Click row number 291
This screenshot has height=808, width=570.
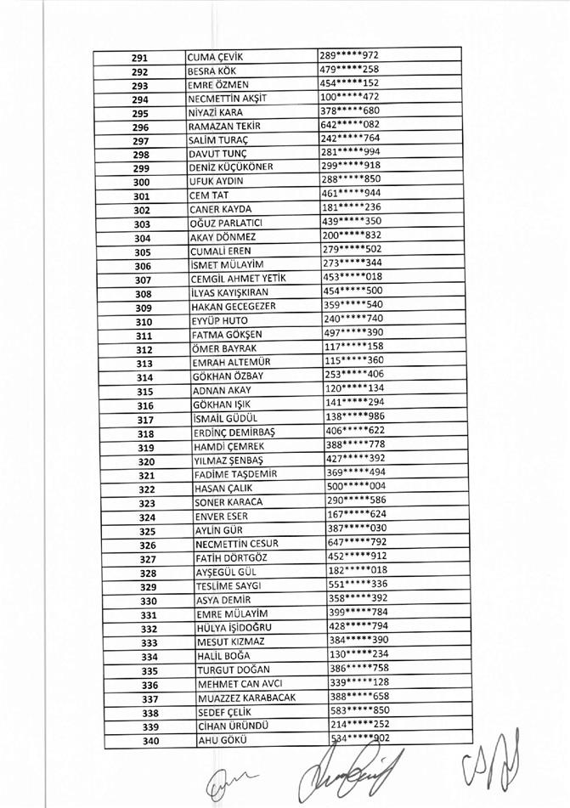point(140,58)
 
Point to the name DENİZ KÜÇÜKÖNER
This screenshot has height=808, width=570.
point(231,167)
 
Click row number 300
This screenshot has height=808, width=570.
point(141,182)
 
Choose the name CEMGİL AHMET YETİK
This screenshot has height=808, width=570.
point(238,279)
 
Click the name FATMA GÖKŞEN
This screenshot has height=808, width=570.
point(227,335)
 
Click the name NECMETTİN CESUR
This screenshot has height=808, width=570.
point(237,544)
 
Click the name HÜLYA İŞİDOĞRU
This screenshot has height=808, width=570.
point(234,628)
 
